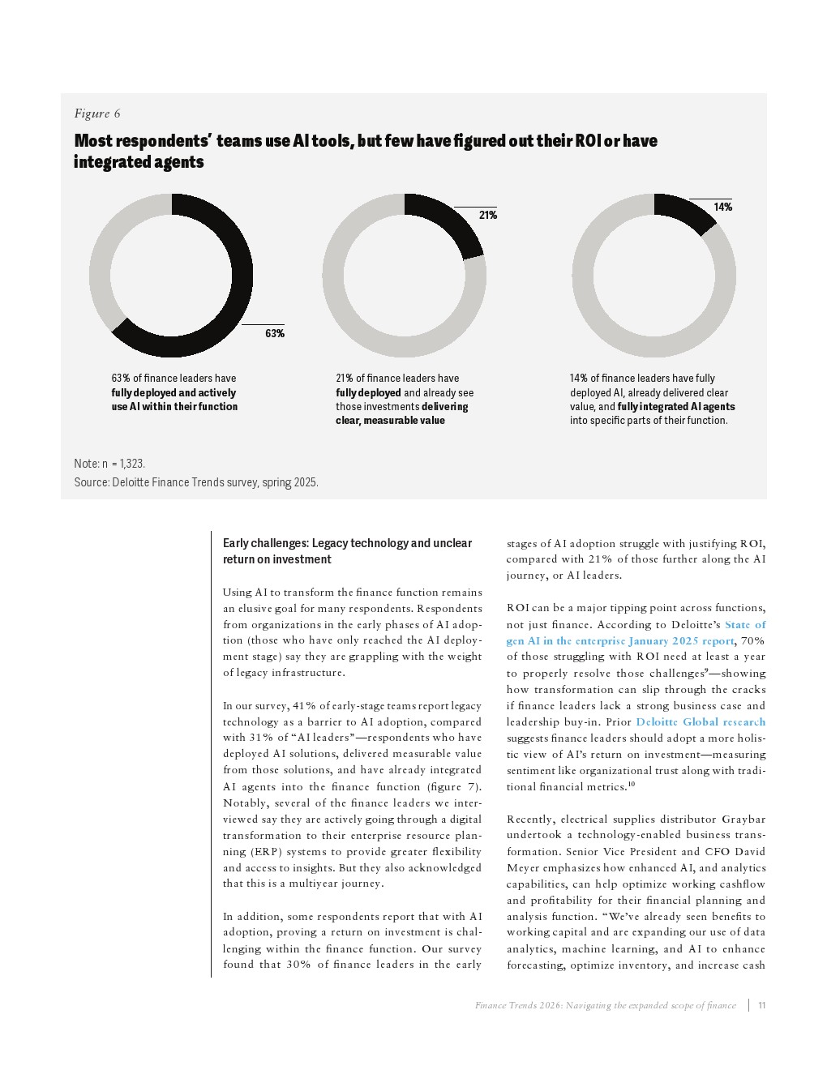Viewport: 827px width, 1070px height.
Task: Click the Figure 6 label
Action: tap(97, 113)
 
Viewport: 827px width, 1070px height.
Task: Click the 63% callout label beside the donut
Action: tap(274, 334)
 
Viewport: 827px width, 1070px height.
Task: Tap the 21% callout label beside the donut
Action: tap(488, 216)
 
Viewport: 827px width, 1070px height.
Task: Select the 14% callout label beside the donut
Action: tap(722, 208)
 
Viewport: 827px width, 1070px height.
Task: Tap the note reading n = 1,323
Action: tap(109, 464)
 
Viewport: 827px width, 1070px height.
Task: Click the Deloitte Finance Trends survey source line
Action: tap(195, 482)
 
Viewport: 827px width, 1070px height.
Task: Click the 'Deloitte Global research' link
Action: tap(701, 721)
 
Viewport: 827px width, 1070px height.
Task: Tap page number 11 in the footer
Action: tap(762, 1005)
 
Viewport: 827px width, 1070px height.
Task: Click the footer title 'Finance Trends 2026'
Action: tap(605, 1005)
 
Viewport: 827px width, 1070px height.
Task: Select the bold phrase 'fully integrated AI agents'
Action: tap(675, 407)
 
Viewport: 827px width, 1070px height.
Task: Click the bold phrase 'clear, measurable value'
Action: tap(390, 421)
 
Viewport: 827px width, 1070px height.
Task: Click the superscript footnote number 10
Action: tap(631, 785)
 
